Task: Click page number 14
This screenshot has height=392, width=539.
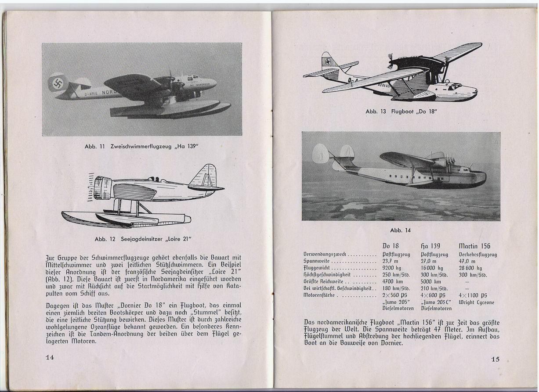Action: [x=50, y=357]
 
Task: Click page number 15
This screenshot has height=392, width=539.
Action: [x=495, y=359]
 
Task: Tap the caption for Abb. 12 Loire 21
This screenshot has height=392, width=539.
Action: [x=144, y=239]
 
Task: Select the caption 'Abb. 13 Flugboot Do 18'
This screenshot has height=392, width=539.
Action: [x=401, y=111]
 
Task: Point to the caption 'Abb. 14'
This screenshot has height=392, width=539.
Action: [x=400, y=230]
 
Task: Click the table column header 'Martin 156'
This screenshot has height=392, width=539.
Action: [x=474, y=246]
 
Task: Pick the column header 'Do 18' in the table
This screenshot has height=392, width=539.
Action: [x=391, y=246]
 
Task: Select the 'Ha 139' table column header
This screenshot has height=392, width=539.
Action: [x=430, y=246]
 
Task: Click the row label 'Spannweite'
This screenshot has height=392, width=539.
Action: [x=316, y=261]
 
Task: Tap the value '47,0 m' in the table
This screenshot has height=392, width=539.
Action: [x=467, y=261]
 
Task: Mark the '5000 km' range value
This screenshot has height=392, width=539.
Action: [x=431, y=282]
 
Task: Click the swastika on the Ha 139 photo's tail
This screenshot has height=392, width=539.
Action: [x=58, y=83]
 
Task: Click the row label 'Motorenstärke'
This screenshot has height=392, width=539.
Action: [x=320, y=295]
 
